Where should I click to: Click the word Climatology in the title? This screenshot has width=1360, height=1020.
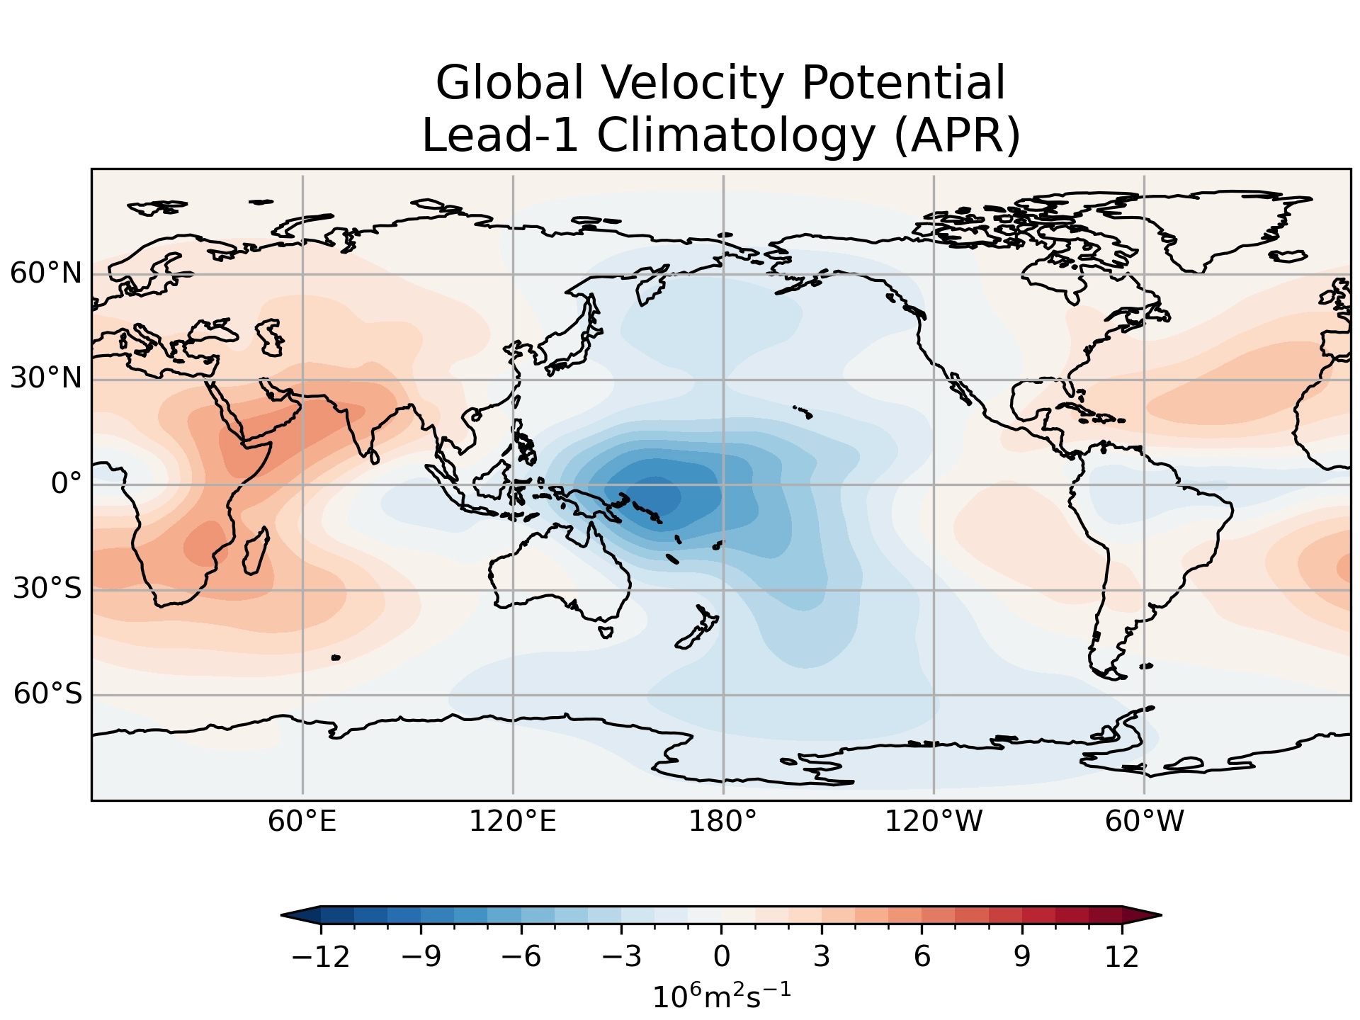tap(737, 135)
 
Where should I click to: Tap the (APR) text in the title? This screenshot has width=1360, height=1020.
tap(957, 135)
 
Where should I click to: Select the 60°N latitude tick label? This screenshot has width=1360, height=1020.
tap(46, 273)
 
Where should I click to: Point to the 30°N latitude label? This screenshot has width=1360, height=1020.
tap(46, 379)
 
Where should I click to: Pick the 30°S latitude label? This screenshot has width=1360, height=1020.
tap(47, 589)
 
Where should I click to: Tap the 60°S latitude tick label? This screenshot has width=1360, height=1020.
tap(47, 694)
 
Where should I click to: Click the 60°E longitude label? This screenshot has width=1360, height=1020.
tap(302, 822)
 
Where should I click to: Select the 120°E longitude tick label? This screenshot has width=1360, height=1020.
tap(513, 822)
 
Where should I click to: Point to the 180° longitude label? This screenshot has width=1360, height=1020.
tap(723, 822)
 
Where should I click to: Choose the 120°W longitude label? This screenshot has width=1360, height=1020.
tap(934, 822)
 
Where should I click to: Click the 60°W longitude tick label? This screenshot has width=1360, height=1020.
tap(1144, 822)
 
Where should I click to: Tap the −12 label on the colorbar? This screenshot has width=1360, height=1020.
tap(321, 957)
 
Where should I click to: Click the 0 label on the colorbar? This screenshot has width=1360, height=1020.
tap(722, 957)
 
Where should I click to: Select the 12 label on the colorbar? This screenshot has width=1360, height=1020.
tap(1122, 957)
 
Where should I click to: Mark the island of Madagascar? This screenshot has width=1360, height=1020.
tap(256, 552)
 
